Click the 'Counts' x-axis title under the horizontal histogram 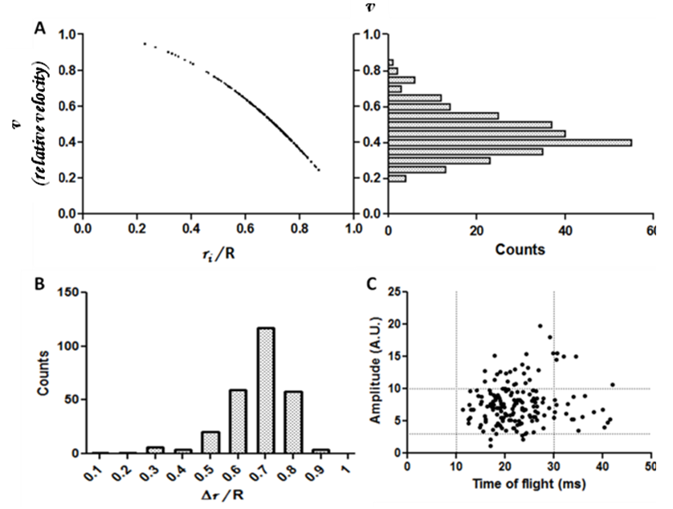[x=521, y=249]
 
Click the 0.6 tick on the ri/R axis [x=244, y=230]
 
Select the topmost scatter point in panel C [x=540, y=326]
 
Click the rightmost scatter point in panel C [x=612, y=385]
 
